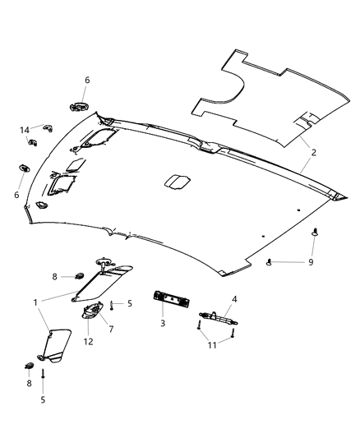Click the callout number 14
click(x=25, y=130)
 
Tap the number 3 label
click(x=163, y=325)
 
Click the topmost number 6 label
click(x=87, y=81)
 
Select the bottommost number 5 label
click(x=44, y=399)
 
